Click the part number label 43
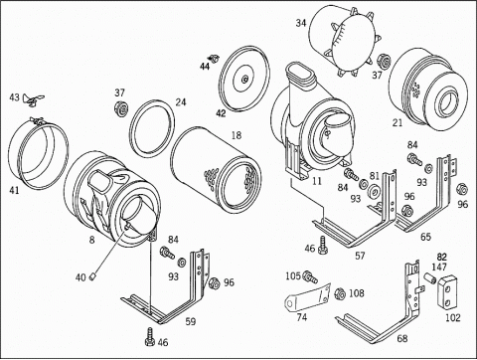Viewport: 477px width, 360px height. (14, 97)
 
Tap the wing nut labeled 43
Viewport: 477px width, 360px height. (33, 99)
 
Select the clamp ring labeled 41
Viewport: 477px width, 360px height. (39, 154)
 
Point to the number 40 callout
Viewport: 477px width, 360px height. (80, 277)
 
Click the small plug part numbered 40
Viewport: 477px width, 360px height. (93, 276)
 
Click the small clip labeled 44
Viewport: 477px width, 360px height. (215, 59)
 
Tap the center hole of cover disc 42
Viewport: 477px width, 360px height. (244, 79)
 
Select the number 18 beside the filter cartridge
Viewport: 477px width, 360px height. (237, 135)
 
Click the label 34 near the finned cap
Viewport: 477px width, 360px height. (301, 23)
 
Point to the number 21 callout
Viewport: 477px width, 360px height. (397, 123)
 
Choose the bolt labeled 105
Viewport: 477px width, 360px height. (311, 276)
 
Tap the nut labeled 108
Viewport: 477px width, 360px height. (340, 294)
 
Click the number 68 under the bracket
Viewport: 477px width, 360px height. (402, 338)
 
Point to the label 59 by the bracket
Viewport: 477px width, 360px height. (191, 321)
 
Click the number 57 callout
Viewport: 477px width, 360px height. (360, 256)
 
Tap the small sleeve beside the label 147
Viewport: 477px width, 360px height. (430, 277)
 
